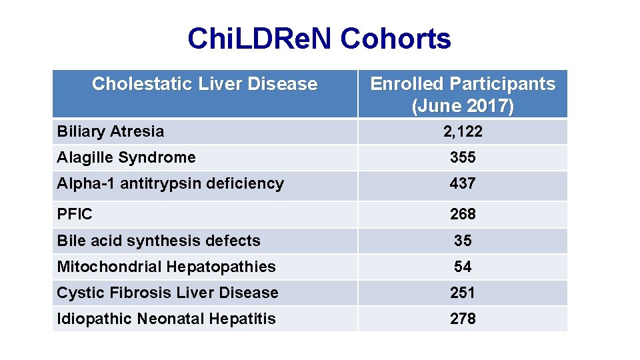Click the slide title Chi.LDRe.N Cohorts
pyautogui.click(x=319, y=39)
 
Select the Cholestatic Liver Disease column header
pyautogui.click(x=205, y=84)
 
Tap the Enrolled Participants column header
pyautogui.click(x=463, y=84)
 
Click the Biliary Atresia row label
pyautogui.click(x=111, y=131)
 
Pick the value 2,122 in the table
pyautogui.click(x=463, y=131)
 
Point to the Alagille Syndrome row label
pyautogui.click(x=127, y=157)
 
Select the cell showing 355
pyautogui.click(x=463, y=157)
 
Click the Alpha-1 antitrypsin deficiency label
pyautogui.click(x=171, y=183)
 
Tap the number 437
pyautogui.click(x=463, y=183)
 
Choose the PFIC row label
pyautogui.click(x=75, y=214)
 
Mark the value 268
pyautogui.click(x=463, y=214)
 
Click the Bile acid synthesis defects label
pyautogui.click(x=159, y=241)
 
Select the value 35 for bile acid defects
pyautogui.click(x=463, y=241)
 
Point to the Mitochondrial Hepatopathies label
pyautogui.click(x=167, y=267)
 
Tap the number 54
pyautogui.click(x=463, y=267)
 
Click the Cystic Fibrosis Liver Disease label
pyautogui.click(x=168, y=293)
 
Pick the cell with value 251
pyautogui.click(x=463, y=293)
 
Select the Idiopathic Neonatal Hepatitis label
pyautogui.click(x=167, y=319)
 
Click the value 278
pyautogui.click(x=463, y=319)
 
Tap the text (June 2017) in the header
pyautogui.click(x=463, y=106)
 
